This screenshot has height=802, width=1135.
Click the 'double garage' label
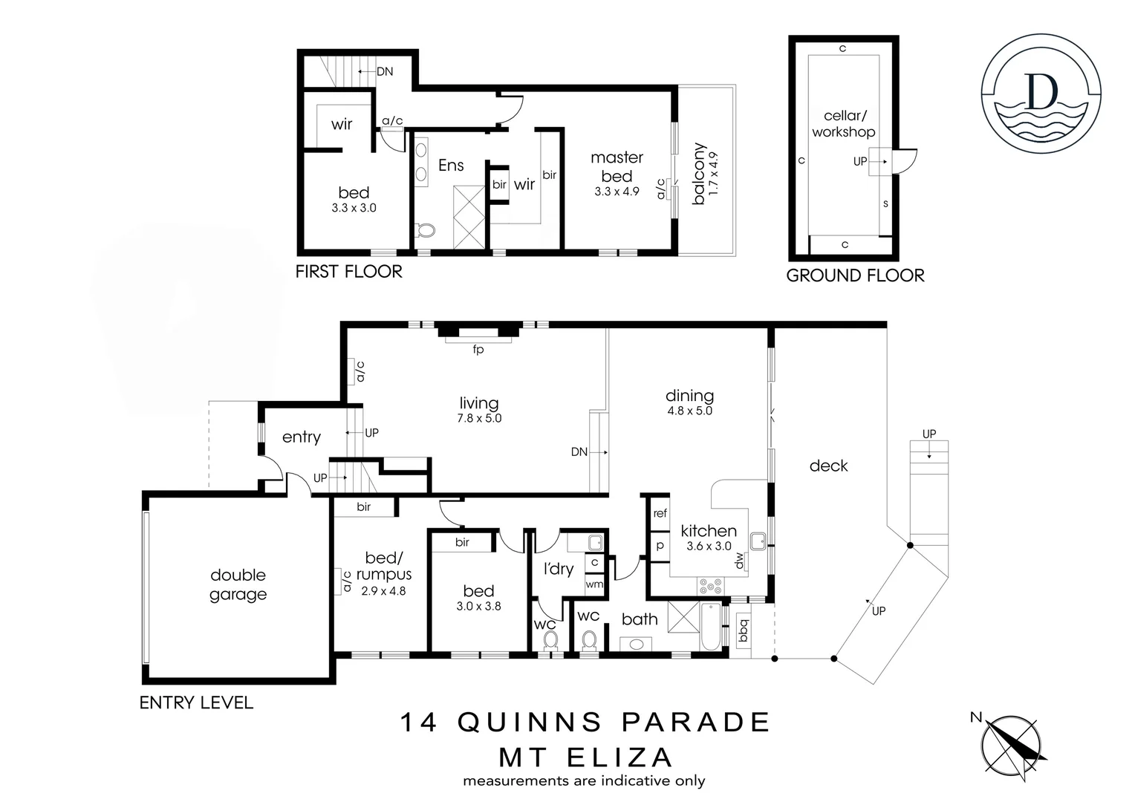[x=238, y=584]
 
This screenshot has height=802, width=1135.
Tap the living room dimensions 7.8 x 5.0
[x=479, y=418]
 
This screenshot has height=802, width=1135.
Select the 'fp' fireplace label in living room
[x=478, y=349]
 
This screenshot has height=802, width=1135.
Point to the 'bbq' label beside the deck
[x=743, y=631]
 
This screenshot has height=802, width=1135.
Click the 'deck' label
[x=828, y=466]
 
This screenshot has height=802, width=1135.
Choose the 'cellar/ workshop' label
[x=843, y=124]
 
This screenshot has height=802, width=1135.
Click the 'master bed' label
[x=617, y=166]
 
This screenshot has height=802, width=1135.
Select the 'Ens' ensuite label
[x=451, y=165]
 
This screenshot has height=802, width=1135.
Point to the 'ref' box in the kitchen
[x=660, y=513]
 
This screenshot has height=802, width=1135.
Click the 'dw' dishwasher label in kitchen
[x=739, y=564]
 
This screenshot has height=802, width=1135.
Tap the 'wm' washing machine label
[x=594, y=584]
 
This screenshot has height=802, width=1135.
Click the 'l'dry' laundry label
[x=558, y=569]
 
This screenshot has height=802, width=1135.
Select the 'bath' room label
[x=640, y=619]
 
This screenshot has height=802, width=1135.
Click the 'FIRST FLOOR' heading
[x=348, y=272]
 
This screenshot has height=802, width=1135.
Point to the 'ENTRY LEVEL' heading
[x=196, y=702]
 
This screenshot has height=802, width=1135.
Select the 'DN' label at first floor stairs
[x=385, y=72]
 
